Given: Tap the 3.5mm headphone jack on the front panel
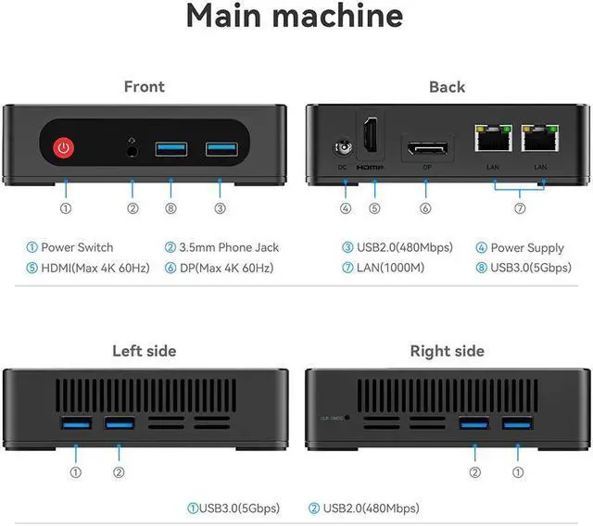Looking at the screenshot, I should pos(132,147).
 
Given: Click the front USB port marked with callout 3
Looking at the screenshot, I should pos(220,147).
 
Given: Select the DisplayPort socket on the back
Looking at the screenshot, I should pos(425,149).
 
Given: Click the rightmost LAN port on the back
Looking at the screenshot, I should pos(539,140).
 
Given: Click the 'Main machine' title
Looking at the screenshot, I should pos(295,17).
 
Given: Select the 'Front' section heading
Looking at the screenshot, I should pos(144,86).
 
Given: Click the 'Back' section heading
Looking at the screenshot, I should pos(447,86).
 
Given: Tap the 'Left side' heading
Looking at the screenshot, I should pos(144,351).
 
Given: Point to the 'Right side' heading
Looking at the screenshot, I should pos(447,351).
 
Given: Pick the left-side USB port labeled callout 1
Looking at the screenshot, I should pos(75,423).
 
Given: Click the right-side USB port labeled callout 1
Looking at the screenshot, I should pos(516,423).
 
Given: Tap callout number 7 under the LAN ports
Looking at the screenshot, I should pos(520,208).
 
